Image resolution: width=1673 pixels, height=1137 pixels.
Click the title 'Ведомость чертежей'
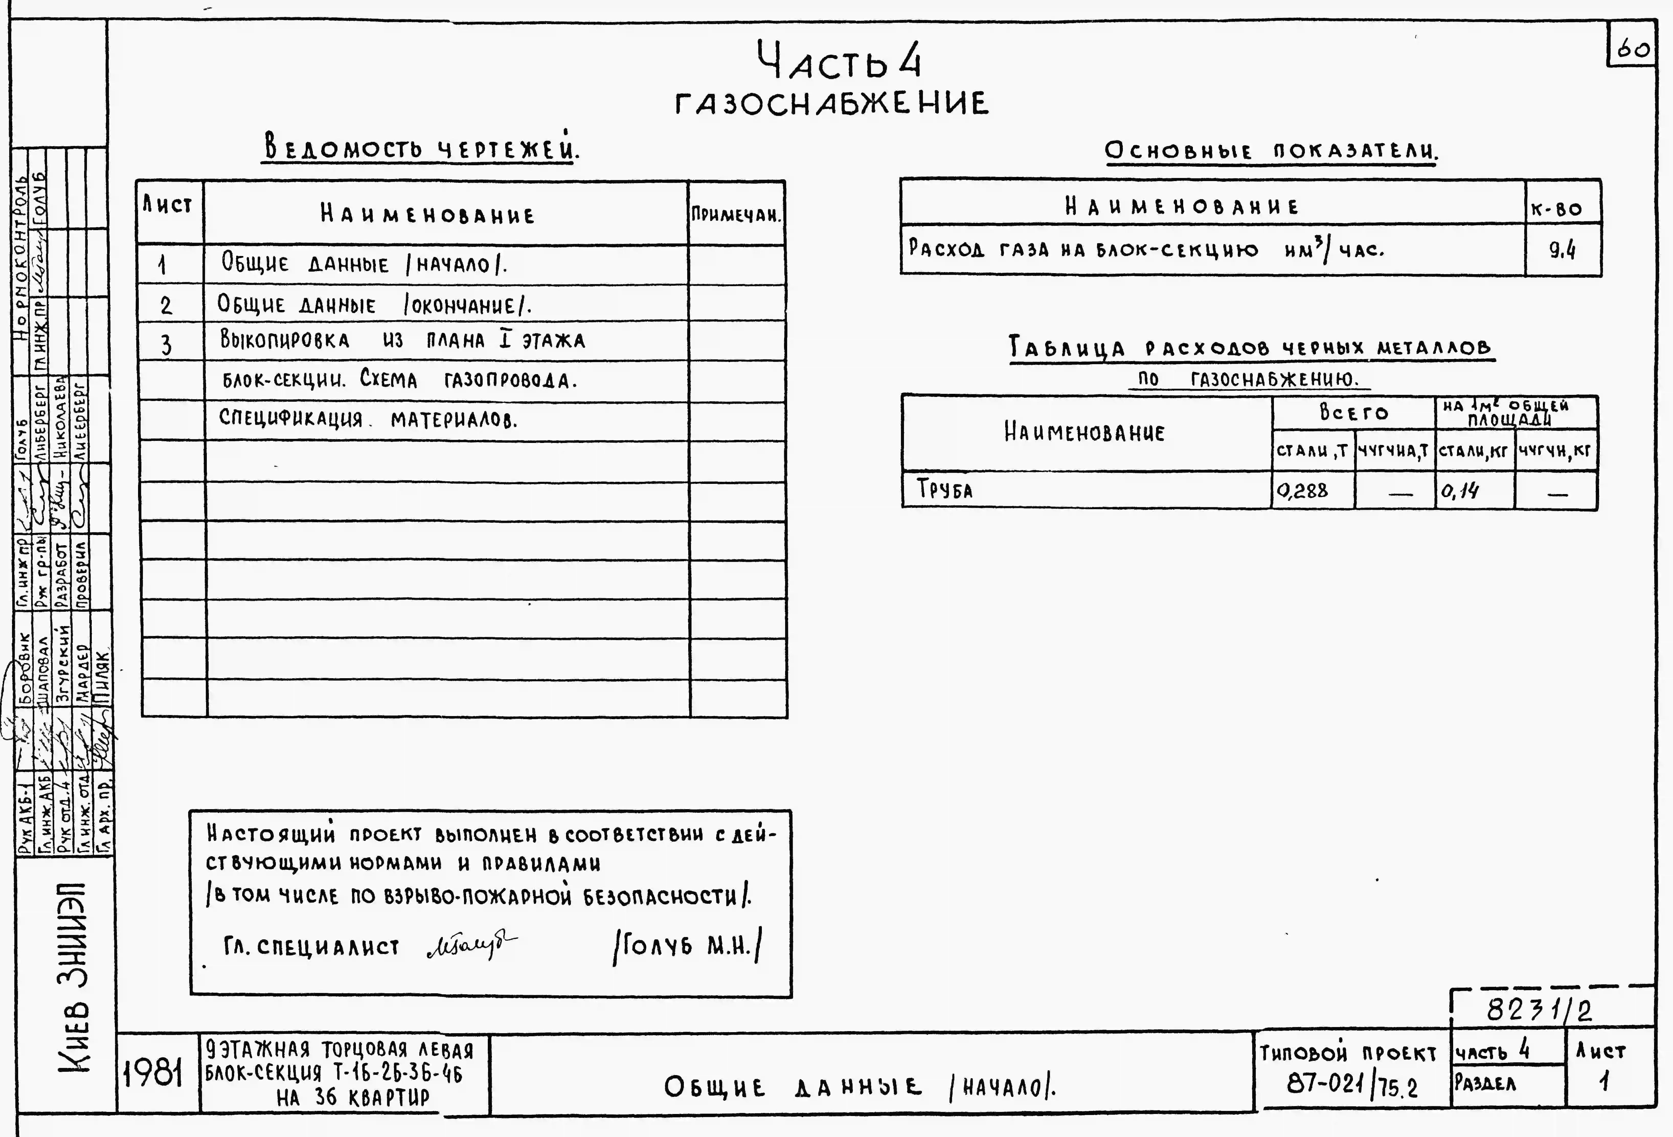(421, 148)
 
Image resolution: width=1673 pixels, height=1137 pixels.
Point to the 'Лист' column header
(168, 206)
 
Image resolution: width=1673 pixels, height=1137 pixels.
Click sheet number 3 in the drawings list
(166, 345)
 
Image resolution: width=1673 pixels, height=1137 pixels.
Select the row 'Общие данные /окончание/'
(374, 305)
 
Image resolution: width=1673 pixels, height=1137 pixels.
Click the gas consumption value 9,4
(1562, 250)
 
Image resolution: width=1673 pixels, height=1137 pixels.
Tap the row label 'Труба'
(944, 490)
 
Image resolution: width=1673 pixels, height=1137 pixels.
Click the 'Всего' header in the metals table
(1353, 413)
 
